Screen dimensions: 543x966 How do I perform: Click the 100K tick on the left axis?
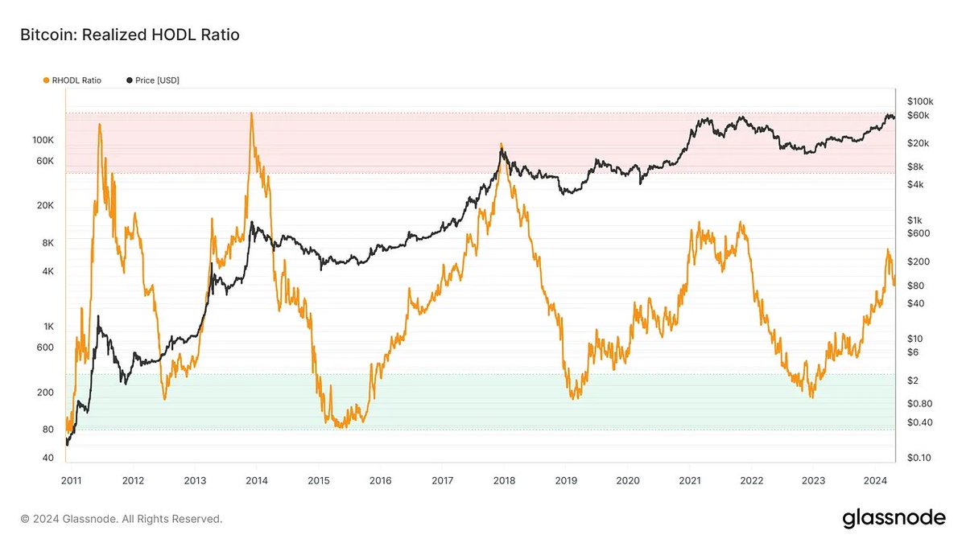coord(43,140)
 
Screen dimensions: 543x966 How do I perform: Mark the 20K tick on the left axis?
coord(45,206)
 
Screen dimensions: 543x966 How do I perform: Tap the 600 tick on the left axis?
coord(46,348)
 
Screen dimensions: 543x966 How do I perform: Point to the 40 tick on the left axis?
coord(48,458)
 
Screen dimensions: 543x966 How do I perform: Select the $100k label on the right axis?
coord(919,101)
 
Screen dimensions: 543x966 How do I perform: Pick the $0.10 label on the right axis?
coord(917,458)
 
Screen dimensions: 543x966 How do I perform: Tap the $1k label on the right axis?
coord(914,220)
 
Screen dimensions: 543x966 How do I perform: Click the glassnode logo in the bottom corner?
coord(894,519)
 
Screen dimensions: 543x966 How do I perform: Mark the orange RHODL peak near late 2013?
coord(251,114)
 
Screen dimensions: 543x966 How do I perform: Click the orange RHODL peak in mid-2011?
coord(100,125)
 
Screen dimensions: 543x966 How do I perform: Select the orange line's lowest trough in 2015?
coord(341,426)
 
